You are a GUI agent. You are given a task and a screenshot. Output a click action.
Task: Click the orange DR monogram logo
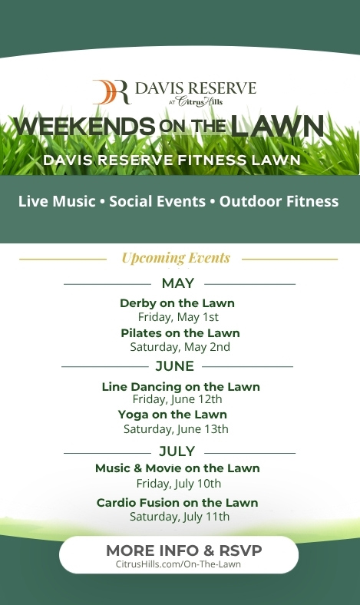click(111, 92)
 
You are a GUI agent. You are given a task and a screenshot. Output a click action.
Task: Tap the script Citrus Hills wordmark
click(200, 101)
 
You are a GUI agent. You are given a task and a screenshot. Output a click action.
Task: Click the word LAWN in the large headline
click(277, 126)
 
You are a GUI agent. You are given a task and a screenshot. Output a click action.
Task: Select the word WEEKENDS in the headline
click(84, 126)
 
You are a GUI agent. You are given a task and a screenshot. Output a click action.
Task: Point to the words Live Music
click(57, 201)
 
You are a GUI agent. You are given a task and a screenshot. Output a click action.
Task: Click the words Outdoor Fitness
click(279, 201)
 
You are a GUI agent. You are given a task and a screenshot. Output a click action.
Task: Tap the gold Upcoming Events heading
click(176, 258)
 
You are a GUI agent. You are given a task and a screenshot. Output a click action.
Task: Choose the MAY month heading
click(178, 283)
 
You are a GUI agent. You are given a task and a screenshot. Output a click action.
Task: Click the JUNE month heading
click(175, 366)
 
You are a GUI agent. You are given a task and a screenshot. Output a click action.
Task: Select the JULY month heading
click(177, 451)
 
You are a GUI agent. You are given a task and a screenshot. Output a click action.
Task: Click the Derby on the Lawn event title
click(177, 303)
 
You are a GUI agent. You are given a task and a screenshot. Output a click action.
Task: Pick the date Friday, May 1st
click(178, 317)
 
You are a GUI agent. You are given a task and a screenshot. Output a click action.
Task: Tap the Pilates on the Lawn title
click(180, 333)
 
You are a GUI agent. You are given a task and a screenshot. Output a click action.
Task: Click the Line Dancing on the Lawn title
click(180, 387)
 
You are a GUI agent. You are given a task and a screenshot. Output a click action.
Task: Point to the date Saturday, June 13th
click(176, 429)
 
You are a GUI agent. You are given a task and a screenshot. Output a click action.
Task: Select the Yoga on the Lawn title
click(173, 415)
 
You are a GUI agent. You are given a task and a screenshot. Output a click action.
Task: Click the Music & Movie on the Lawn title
click(177, 468)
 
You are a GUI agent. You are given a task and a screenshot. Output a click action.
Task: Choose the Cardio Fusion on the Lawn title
click(177, 503)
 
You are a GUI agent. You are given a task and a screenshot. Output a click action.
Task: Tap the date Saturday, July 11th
click(180, 517)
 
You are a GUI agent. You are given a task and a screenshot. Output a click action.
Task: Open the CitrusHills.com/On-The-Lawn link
click(178, 564)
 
